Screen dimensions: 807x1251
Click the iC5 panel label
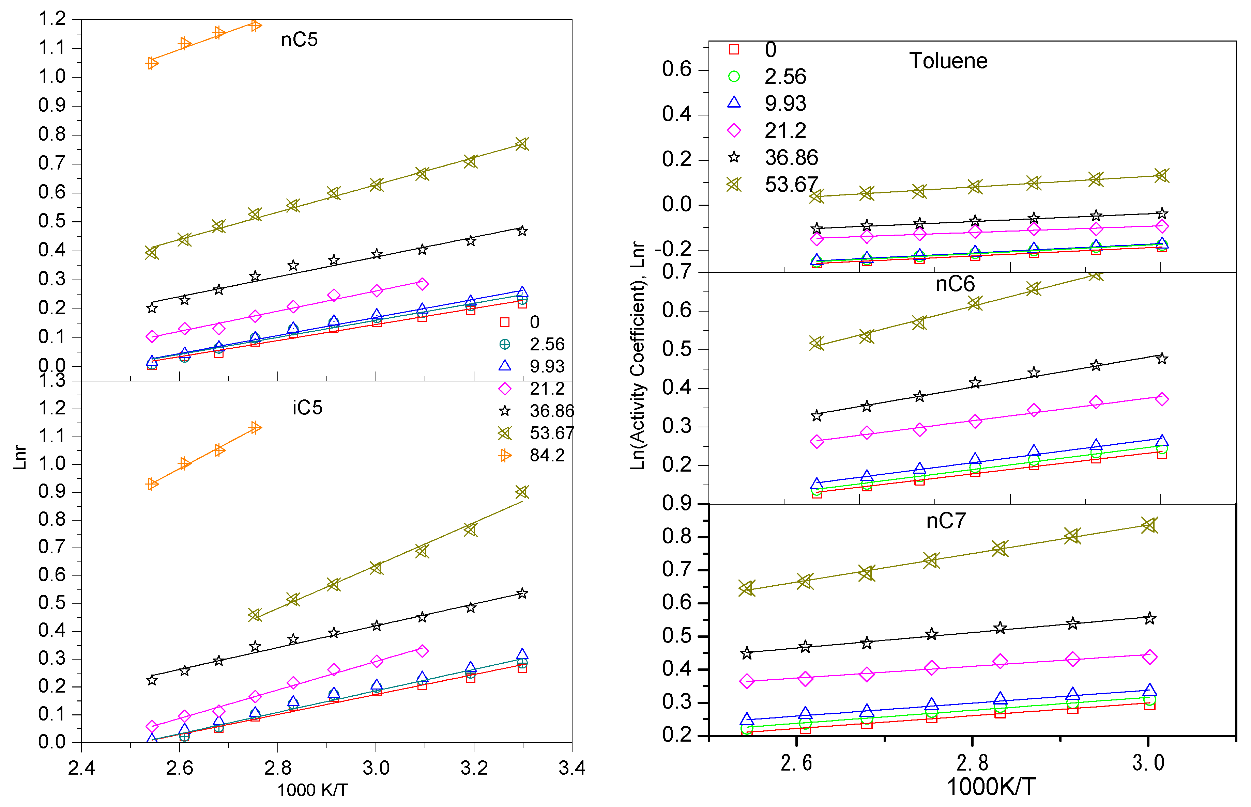coord(307,408)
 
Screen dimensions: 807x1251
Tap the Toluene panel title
coord(948,61)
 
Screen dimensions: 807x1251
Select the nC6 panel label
coord(955,284)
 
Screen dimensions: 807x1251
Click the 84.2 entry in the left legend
coord(547,455)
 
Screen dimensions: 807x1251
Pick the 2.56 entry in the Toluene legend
coord(785,77)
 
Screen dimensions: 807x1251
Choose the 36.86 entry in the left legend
coord(552,411)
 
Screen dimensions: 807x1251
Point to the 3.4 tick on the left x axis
coord(571,768)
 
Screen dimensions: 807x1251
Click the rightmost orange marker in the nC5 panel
coord(255,25)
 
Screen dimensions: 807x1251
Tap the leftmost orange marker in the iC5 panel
coord(152,484)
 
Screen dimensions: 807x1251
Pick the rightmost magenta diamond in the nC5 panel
coord(422,284)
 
